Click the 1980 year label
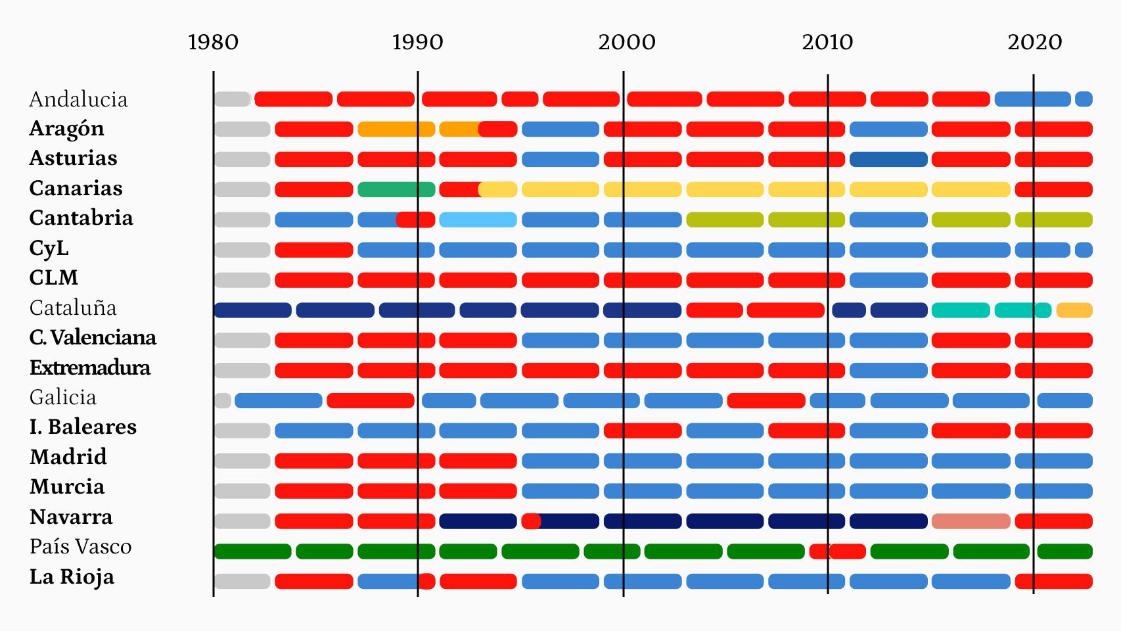[213, 42]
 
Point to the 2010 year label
[827, 42]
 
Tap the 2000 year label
[626, 42]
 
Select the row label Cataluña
[73, 308]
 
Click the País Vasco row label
[80, 546]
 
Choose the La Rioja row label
[72, 576]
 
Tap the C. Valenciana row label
[93, 337]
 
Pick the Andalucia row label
[78, 99]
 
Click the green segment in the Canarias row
[396, 190]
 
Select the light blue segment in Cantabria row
[478, 220]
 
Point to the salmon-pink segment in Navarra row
[971, 521]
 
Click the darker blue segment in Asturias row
[888, 159]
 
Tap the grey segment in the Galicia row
[223, 400]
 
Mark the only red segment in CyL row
[313, 250]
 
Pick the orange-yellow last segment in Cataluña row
[1074, 310]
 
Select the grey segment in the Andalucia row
[232, 99]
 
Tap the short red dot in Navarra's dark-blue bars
[531, 521]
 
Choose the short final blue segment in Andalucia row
[1084, 99]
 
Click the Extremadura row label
[90, 367]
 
